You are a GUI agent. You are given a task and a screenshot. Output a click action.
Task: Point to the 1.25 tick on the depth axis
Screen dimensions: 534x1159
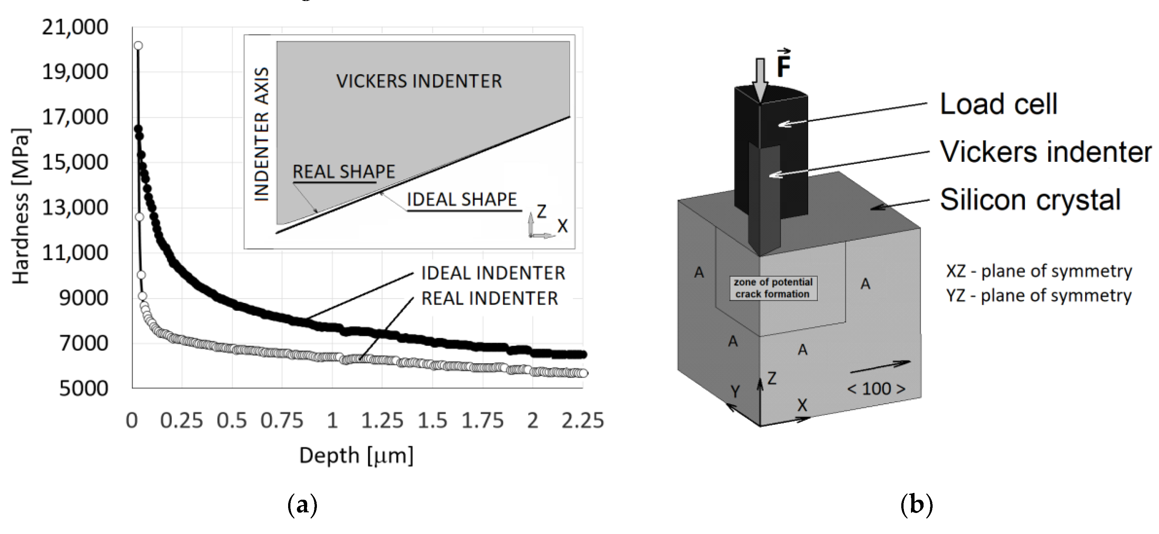(382, 420)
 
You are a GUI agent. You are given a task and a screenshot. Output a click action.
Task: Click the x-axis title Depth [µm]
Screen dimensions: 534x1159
(356, 455)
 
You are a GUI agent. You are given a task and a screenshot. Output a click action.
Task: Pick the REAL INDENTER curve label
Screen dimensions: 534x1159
(490, 298)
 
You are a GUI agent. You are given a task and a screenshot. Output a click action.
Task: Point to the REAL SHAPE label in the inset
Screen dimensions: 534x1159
(343, 172)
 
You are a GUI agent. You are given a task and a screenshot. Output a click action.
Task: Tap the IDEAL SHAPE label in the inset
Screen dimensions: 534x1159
(461, 199)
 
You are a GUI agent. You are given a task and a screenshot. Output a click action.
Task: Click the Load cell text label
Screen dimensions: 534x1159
(998, 104)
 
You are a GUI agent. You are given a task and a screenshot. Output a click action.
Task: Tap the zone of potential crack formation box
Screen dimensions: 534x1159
(773, 288)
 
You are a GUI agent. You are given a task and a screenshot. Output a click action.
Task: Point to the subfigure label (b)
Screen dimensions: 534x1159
(916, 505)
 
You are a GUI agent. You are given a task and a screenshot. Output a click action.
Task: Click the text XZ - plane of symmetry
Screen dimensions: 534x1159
(1038, 271)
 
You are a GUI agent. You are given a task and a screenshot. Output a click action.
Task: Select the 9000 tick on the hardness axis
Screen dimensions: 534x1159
(84, 298)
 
